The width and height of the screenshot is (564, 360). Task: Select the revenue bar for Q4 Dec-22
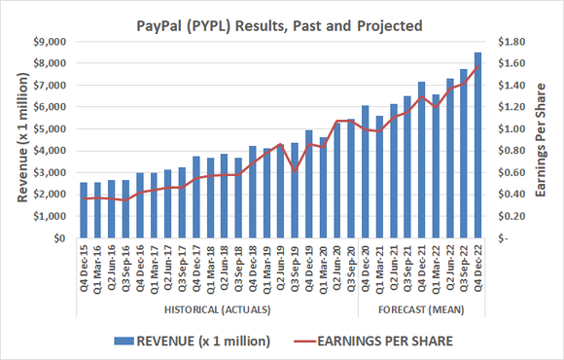coord(476,145)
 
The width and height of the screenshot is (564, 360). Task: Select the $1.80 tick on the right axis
coord(511,42)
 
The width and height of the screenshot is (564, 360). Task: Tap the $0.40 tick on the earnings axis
coord(511,194)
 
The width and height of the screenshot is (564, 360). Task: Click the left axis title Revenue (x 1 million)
coord(22,139)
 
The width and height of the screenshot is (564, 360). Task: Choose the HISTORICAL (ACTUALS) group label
coord(216,309)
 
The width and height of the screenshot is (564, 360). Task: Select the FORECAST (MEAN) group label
coord(420,309)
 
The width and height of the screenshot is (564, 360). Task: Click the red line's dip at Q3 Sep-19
coord(295,171)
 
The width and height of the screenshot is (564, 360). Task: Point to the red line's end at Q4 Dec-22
coord(476,65)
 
